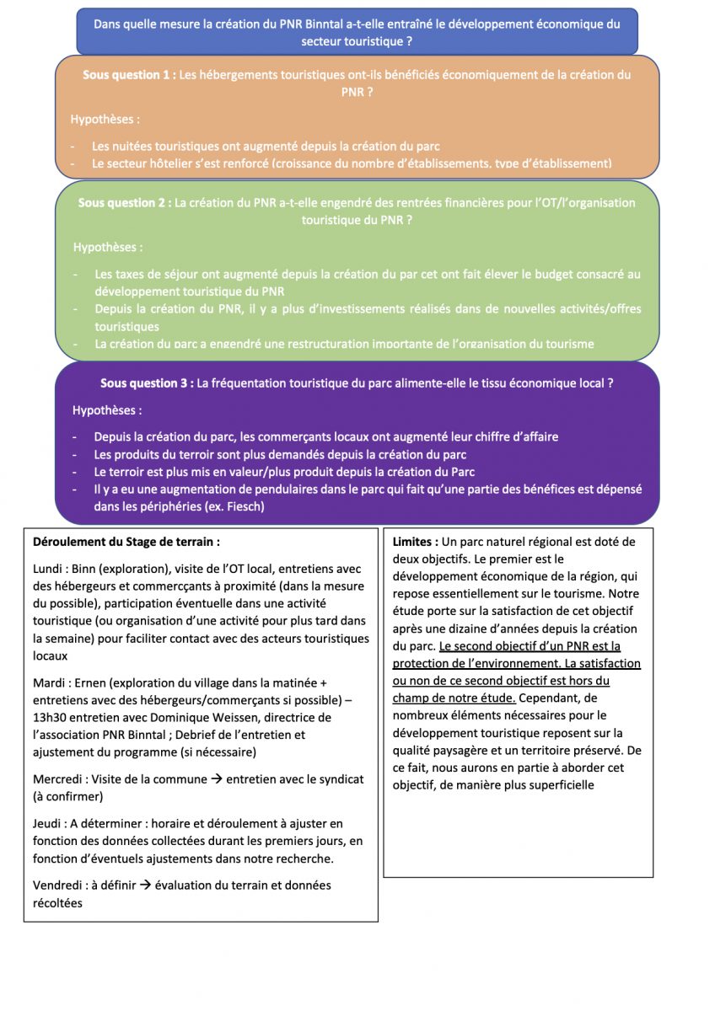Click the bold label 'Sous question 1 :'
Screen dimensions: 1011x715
coord(128,75)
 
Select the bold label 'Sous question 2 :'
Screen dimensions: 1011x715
coord(125,203)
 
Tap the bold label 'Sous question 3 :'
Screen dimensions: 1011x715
coord(146,382)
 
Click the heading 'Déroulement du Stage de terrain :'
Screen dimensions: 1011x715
coord(126,543)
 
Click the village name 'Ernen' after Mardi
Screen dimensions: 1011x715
coord(105,683)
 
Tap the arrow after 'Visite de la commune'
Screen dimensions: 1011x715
coord(215,779)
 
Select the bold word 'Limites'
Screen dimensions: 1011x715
coord(414,542)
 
